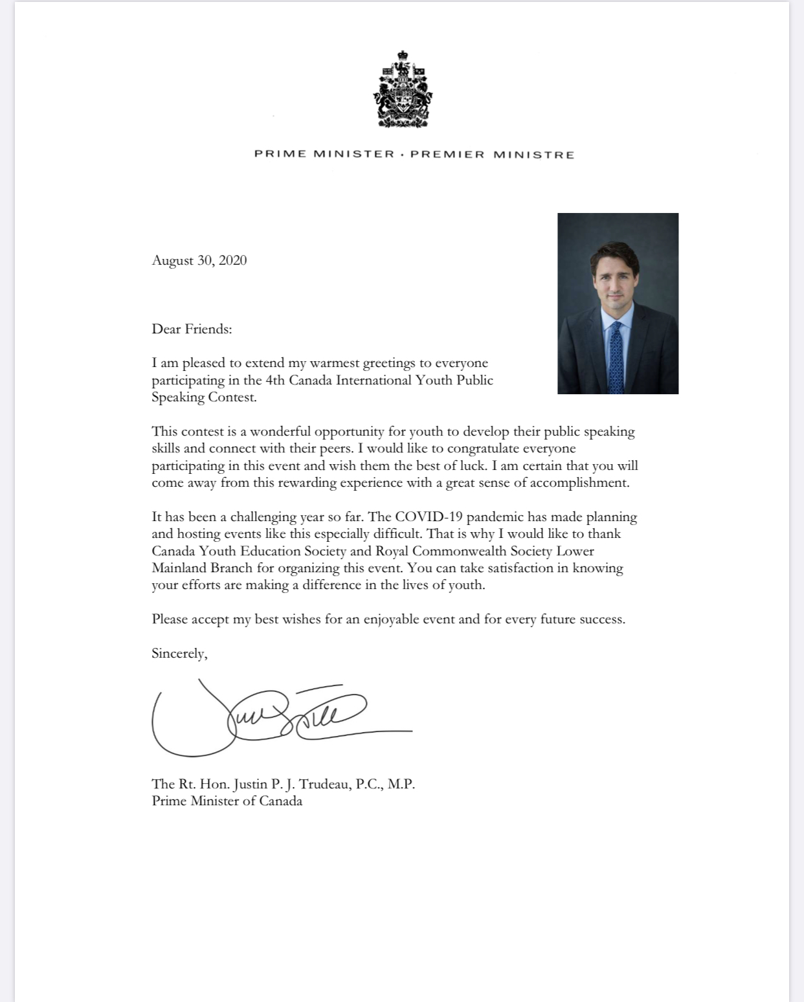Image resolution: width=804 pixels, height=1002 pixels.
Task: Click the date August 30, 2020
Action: coord(199,260)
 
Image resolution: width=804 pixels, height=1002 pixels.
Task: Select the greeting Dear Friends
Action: coord(192,329)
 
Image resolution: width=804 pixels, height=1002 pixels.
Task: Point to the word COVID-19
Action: coord(428,517)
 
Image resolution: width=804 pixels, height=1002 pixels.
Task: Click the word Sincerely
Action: coord(179,653)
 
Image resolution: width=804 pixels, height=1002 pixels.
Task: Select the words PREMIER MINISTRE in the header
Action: coord(493,155)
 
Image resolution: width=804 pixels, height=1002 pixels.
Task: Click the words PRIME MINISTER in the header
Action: coord(324,154)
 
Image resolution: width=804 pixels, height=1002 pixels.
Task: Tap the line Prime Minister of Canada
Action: coord(227,801)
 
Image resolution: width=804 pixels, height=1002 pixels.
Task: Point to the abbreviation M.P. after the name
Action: coord(401,784)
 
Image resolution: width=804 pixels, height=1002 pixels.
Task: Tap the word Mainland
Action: coord(179,568)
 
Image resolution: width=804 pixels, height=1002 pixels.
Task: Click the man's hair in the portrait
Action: coord(614,255)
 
